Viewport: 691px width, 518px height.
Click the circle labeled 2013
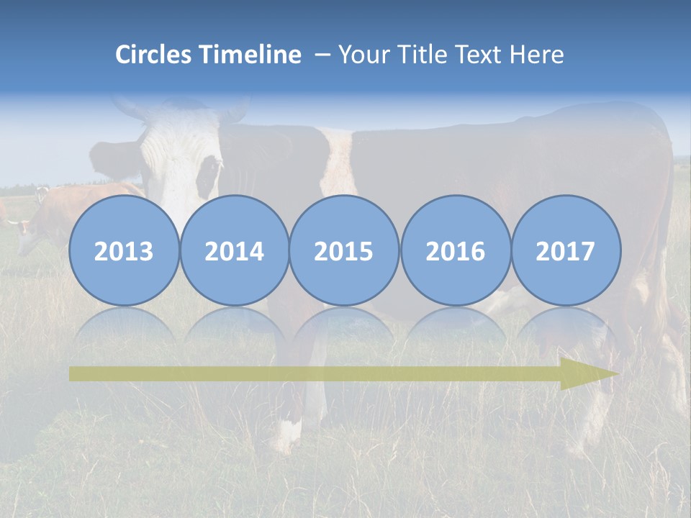pyautogui.click(x=124, y=251)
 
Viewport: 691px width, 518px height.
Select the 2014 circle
pyautogui.click(x=234, y=251)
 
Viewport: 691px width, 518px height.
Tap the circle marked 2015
pyautogui.click(x=344, y=251)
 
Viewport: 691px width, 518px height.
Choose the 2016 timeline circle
pyautogui.click(x=455, y=251)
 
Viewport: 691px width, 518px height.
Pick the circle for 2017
pyautogui.click(x=565, y=251)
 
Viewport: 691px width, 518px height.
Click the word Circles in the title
pyautogui.click(x=154, y=55)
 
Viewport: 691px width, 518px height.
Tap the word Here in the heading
pyautogui.click(x=537, y=55)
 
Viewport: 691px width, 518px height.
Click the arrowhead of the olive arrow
pyautogui.click(x=587, y=374)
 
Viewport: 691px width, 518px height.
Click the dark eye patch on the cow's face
pyautogui.click(x=208, y=175)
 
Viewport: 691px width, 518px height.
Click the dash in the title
pyautogui.click(x=322, y=55)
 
